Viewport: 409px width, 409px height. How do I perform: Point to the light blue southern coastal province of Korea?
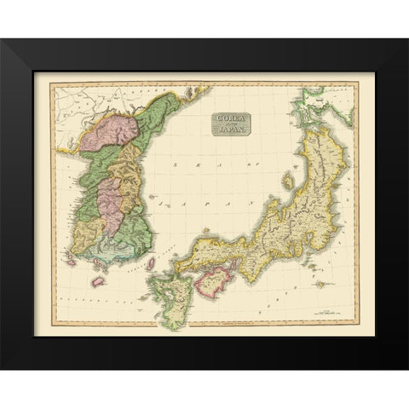click(111, 253)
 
